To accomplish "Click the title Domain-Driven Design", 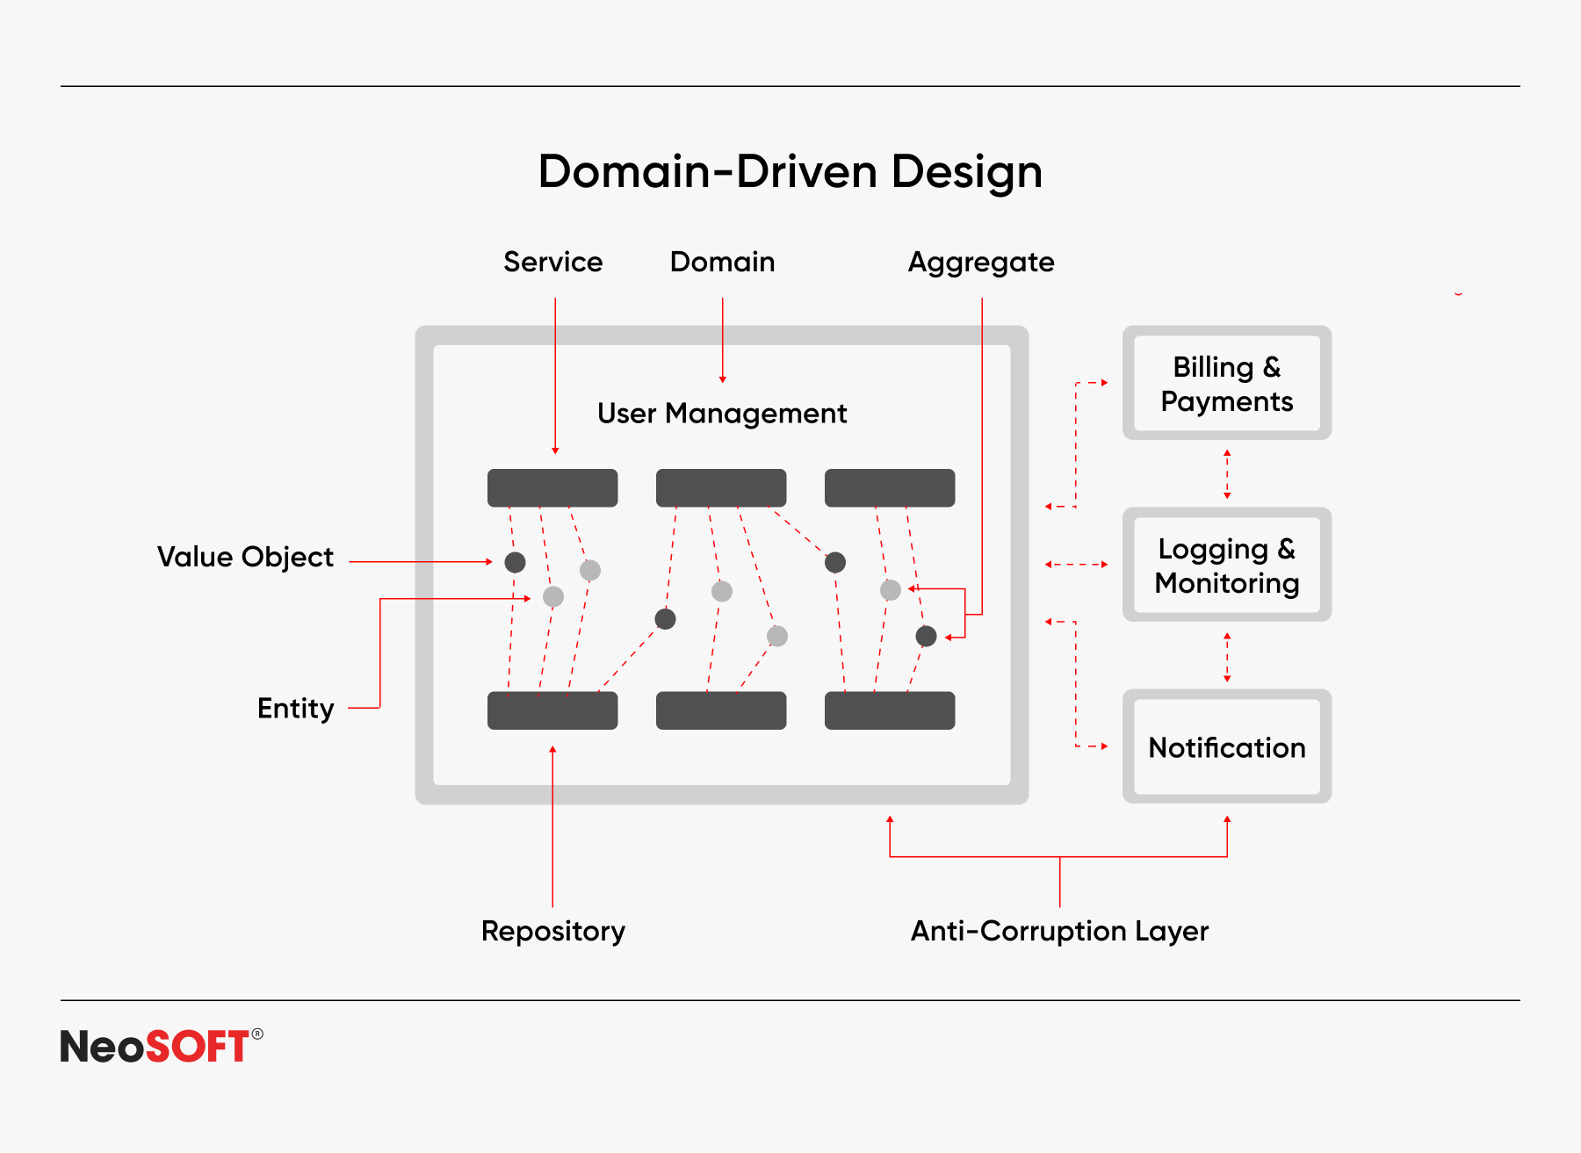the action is pos(790,172).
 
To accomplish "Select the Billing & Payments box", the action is pos(1227,383).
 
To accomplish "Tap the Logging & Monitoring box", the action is pos(1227,565).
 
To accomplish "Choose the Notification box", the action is pos(1227,746).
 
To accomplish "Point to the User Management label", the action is pos(722,413).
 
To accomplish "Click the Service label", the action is pos(553,262).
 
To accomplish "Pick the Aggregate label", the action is pos(981,263).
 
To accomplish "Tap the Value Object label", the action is pos(245,558).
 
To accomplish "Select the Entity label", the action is pos(296,709).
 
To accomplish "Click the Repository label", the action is pos(553,931).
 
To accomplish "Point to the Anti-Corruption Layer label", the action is pos(1060,931).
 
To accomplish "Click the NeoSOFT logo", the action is pos(162,1046).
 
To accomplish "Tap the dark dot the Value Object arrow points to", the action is pos(516,562).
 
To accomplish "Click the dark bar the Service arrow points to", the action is pos(552,488).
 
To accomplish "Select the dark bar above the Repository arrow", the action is pos(552,710).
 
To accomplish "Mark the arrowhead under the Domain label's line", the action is pos(723,379).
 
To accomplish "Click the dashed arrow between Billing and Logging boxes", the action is pos(1227,474).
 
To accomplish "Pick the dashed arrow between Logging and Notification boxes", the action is pos(1227,657).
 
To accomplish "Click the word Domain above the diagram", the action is pos(723,262).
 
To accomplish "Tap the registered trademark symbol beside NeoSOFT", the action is pos(257,1034).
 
